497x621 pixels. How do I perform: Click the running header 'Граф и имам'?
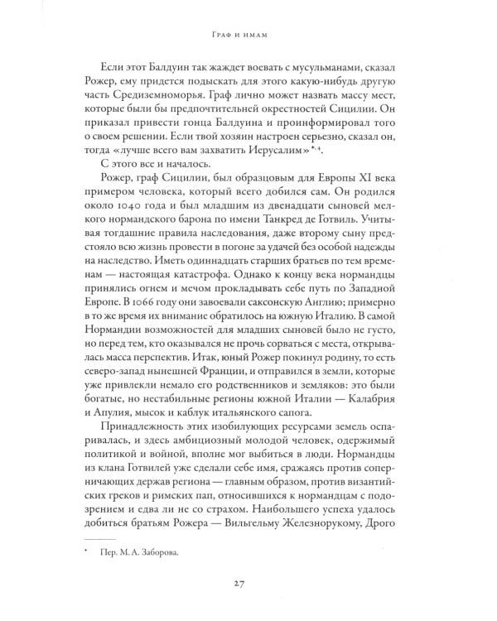pyautogui.click(x=248, y=36)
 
